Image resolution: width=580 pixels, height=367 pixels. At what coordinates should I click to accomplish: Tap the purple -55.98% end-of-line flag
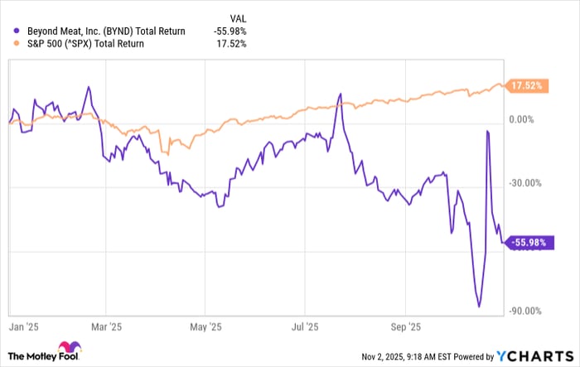(x=526, y=242)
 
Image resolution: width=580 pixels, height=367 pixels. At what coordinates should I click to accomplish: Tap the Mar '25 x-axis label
(x=109, y=326)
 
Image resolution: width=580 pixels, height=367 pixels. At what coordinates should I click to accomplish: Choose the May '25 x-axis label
(x=209, y=326)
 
